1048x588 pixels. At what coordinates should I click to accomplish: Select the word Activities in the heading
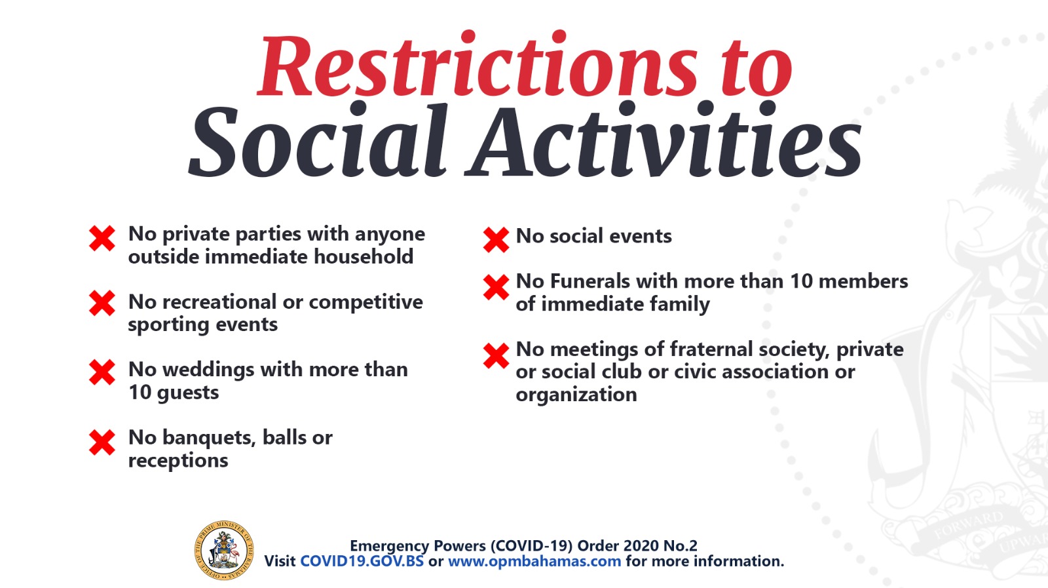tap(663, 140)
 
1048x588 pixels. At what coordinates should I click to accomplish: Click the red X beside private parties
tap(102, 239)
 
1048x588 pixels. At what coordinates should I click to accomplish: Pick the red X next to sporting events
tap(102, 304)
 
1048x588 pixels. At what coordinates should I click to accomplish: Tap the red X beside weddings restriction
tap(102, 372)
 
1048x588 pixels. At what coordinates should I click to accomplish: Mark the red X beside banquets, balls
tap(102, 442)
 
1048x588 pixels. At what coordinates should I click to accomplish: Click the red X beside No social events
tap(496, 240)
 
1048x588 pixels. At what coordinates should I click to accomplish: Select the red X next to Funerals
tap(496, 287)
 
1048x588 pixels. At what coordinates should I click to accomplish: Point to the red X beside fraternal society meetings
tap(496, 356)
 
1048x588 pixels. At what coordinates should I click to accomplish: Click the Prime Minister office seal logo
tap(224, 551)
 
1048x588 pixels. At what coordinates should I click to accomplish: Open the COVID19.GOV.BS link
tap(362, 561)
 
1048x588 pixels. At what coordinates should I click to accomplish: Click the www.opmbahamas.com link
tap(534, 561)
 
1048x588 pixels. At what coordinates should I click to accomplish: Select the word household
tap(364, 256)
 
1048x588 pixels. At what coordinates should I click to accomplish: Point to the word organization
tap(576, 395)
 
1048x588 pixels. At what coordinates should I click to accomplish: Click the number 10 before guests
tap(140, 392)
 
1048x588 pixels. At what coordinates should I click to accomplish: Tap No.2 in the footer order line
tap(681, 546)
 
